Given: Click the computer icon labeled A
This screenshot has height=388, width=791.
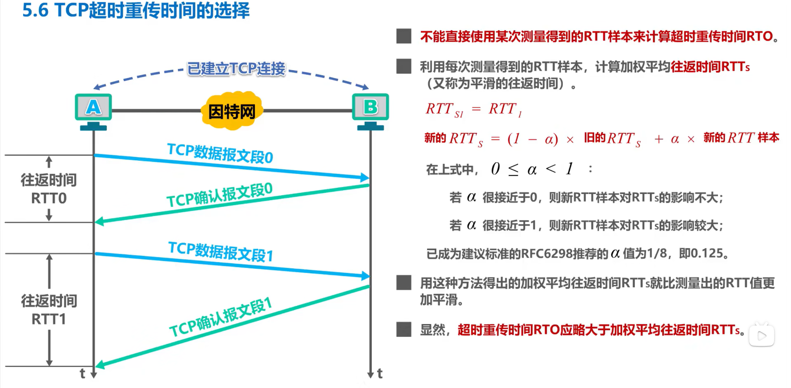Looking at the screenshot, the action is point(93,108).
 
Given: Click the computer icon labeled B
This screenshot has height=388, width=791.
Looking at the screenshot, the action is point(370,108).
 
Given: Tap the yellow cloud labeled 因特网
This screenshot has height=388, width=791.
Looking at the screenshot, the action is point(231,111).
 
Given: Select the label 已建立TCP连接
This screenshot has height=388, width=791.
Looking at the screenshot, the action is point(236,69).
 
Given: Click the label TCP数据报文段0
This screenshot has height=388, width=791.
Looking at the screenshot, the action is point(220,154).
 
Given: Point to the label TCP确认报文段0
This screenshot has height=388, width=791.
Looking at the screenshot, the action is point(220,195).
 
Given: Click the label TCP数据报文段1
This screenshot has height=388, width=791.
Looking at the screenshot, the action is point(221,251).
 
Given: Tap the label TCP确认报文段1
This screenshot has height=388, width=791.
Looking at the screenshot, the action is point(221,317).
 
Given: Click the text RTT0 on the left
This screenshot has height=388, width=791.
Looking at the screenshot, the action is point(49,199).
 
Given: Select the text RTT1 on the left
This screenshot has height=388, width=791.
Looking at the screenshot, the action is point(49,319).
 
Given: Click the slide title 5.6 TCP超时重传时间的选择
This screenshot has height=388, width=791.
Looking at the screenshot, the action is point(136,10).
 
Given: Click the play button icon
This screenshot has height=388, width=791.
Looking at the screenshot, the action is point(762,336).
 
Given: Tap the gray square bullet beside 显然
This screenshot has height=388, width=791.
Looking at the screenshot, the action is point(404,329).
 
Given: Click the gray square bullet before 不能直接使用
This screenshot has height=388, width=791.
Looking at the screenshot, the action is point(404,36).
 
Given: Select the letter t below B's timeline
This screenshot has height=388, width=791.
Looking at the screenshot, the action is point(380,374).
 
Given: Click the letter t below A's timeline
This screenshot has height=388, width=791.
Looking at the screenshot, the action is point(83,374).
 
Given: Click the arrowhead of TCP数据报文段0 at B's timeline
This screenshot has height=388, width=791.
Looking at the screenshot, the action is point(365,178).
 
